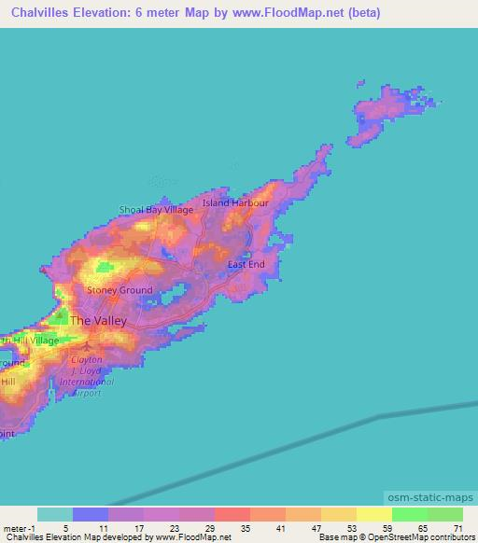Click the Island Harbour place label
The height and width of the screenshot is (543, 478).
[x=235, y=202]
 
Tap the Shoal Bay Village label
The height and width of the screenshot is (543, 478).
[x=156, y=210]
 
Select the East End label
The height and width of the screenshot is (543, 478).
[x=246, y=265]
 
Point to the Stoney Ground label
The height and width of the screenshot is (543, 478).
[x=119, y=290]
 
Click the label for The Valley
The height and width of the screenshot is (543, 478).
[x=98, y=320]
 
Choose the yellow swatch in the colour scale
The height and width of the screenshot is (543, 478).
[x=373, y=514]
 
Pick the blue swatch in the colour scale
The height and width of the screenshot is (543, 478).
[x=91, y=514]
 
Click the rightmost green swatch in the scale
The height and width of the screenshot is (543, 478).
[x=444, y=514]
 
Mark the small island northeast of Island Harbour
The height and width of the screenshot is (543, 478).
[x=379, y=116]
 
